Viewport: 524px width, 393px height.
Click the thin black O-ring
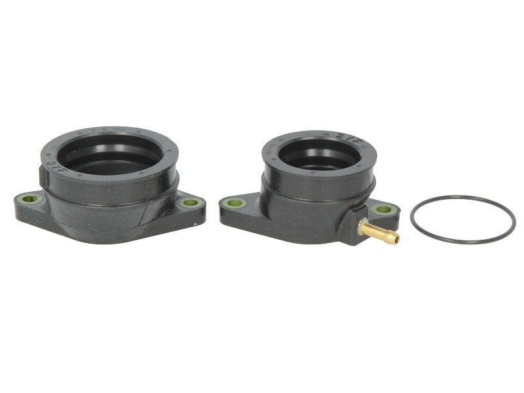462,196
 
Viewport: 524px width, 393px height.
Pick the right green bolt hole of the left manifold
189,203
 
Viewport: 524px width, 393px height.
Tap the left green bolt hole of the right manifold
234,204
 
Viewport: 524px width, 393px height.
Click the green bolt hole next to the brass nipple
384,210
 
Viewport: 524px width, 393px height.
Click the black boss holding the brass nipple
354,222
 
